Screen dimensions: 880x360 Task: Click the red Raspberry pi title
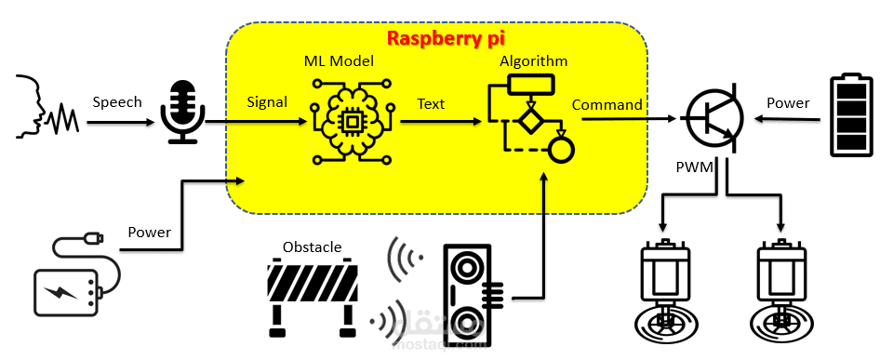pos(447,38)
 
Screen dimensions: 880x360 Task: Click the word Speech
pos(117,102)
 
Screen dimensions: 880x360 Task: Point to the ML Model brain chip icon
pos(352,121)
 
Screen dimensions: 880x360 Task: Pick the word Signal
pos(267,102)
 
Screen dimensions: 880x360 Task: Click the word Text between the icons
pos(431,104)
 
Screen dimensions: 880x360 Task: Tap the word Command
pos(607,105)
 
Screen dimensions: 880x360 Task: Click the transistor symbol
pos(713,118)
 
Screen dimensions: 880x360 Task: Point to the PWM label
pos(694,167)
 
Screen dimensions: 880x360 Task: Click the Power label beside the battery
pos(788,103)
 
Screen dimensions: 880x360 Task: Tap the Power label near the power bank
pos(149,232)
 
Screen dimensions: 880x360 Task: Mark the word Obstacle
pos(312,247)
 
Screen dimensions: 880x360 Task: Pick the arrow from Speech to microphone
pos(121,121)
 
